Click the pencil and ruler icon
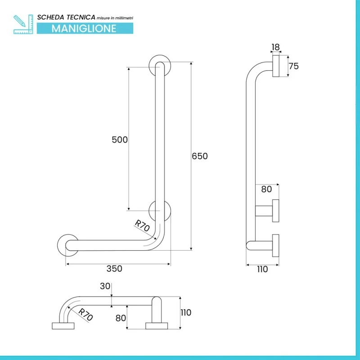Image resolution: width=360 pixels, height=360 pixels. (23, 24)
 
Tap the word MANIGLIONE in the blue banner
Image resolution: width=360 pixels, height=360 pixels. (84, 28)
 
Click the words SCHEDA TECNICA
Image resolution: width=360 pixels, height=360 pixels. (66, 17)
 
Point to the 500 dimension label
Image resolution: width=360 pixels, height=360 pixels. (120, 139)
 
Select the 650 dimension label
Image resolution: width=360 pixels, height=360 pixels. (200, 156)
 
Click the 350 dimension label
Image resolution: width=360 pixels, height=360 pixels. (114, 269)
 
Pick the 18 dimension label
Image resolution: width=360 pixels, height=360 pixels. (275, 47)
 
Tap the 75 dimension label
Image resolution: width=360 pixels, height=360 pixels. (294, 66)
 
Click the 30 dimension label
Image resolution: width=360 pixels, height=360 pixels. (105, 286)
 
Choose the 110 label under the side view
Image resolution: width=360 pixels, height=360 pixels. (262, 269)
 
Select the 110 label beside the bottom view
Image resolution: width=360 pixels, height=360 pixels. (186, 312)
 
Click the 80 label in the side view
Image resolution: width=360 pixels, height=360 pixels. (266, 189)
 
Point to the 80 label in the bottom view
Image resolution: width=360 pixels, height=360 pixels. (121, 318)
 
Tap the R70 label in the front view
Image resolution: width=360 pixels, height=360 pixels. (142, 226)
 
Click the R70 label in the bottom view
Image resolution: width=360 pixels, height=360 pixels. (85, 314)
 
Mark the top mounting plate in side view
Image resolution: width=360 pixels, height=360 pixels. (276, 66)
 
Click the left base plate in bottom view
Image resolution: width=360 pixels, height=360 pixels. (63, 326)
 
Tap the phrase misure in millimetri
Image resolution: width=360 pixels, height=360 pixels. (115, 18)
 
